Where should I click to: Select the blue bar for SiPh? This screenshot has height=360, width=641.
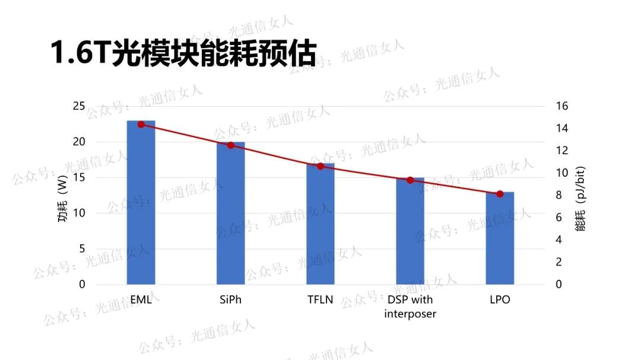(230, 214)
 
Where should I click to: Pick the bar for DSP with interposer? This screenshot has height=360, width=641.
(410, 231)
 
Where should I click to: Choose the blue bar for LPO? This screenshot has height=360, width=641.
(500, 238)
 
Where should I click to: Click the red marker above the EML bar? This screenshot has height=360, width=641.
(141, 125)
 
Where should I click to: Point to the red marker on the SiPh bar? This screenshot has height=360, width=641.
(230, 145)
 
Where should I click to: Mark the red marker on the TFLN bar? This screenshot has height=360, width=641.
(320, 166)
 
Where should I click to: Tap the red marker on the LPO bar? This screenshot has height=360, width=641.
(500, 194)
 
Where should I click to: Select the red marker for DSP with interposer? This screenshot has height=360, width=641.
(410, 180)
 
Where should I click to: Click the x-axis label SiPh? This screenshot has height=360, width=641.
(230, 300)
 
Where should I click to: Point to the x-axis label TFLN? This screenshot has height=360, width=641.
(320, 300)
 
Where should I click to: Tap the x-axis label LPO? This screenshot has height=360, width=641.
(500, 300)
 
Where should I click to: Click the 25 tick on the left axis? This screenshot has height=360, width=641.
(79, 106)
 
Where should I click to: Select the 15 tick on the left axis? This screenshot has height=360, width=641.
(79, 177)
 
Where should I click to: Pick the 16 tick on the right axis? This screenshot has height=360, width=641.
(561, 106)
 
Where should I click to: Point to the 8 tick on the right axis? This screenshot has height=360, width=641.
(559, 195)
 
